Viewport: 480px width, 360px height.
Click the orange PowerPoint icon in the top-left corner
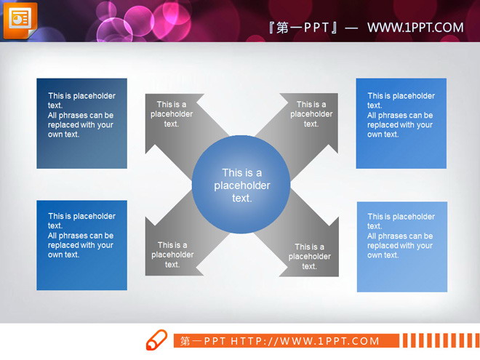[20, 20]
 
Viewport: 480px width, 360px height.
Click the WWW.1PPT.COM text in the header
[415, 28]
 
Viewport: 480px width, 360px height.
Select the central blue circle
[241, 185]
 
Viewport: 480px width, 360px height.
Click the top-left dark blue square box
[81, 124]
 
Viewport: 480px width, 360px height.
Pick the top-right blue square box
[401, 124]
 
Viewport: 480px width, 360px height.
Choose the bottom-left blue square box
[81, 245]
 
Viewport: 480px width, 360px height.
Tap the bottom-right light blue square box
[401, 247]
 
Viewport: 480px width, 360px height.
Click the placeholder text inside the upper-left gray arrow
[172, 114]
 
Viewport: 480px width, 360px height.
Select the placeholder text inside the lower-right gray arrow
[310, 257]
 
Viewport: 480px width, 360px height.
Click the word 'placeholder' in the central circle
[242, 185]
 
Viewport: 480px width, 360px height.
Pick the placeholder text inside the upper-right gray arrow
[311, 114]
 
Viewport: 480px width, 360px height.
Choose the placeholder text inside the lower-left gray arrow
[172, 255]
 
